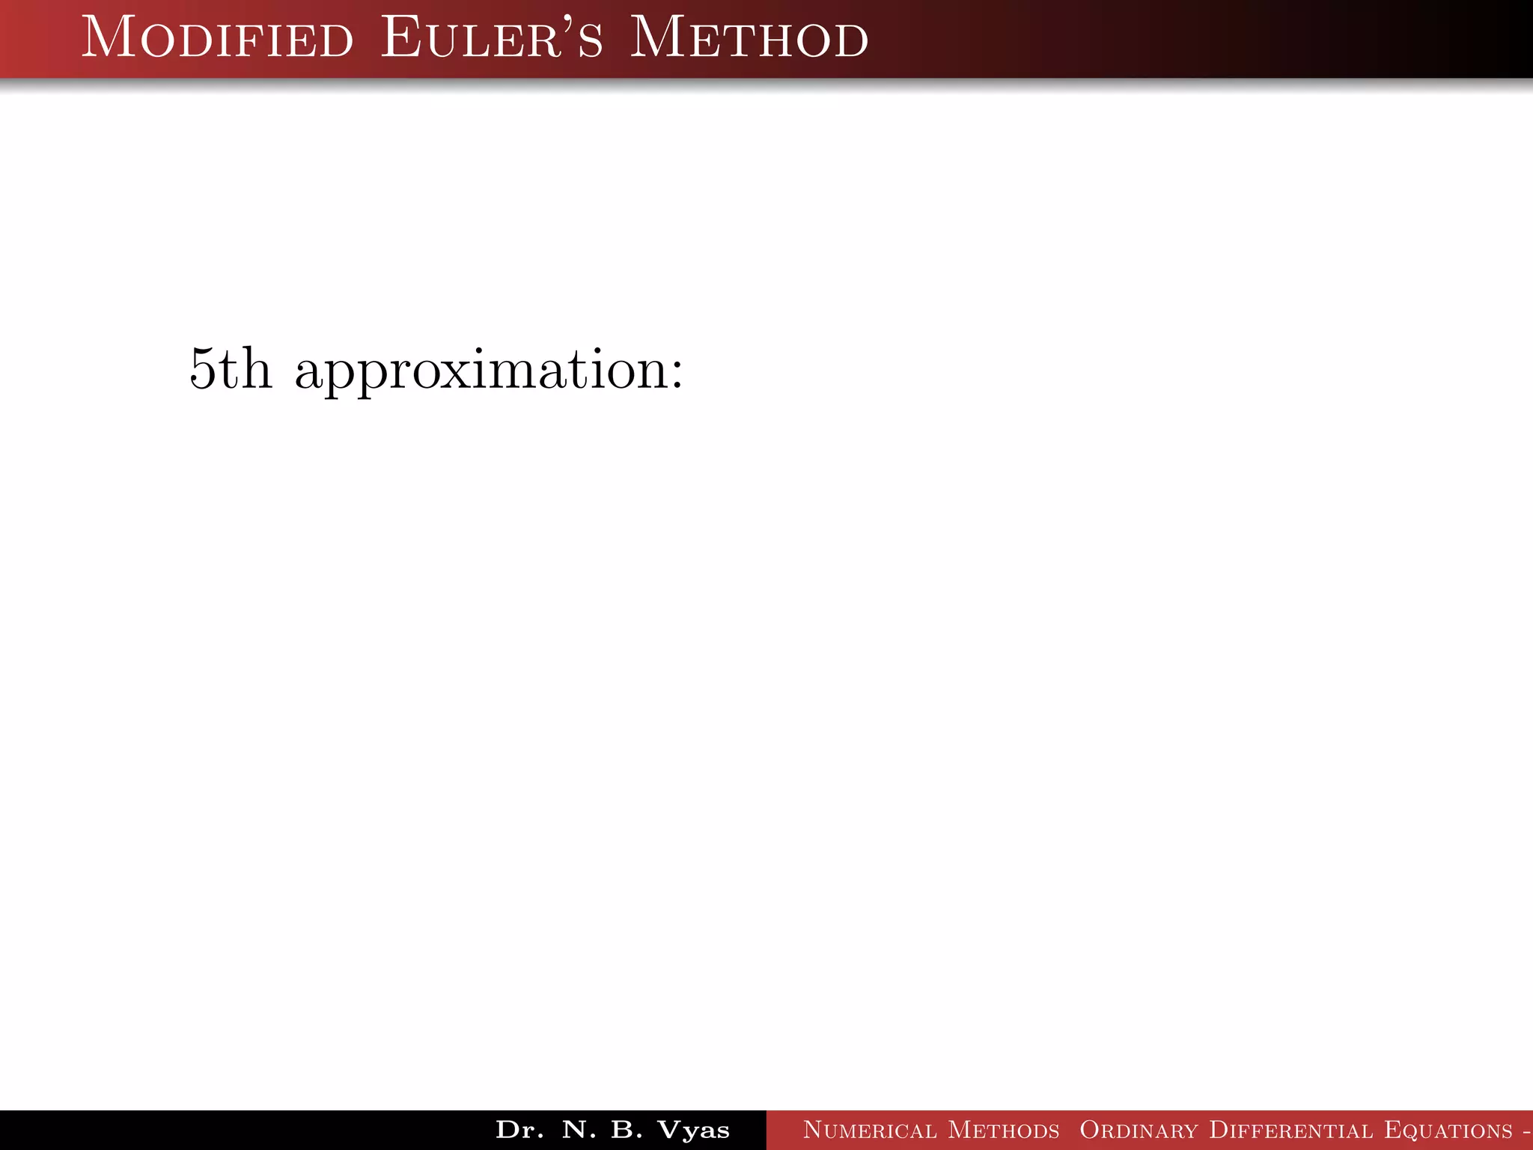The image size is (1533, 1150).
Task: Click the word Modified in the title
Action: (217, 39)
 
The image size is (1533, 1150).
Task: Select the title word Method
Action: (749, 39)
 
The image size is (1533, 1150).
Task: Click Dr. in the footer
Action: (519, 1130)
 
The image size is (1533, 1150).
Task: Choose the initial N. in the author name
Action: (579, 1130)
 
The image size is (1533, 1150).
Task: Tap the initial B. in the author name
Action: (627, 1130)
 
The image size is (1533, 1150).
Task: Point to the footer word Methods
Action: (1004, 1130)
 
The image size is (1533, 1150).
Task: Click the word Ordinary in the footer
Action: (1139, 1130)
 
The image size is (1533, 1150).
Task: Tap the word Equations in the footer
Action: (1448, 1130)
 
